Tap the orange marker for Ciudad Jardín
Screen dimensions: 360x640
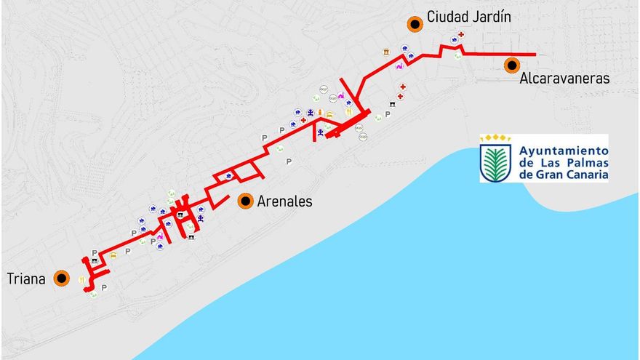[x=415, y=25]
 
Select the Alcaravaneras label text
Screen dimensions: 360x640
[x=564, y=79]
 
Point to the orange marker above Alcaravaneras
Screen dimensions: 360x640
[x=512, y=65]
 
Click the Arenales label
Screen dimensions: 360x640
[x=286, y=201]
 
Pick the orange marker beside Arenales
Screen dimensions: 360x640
[x=245, y=201]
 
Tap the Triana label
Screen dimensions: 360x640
[x=27, y=279]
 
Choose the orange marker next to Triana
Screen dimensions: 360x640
[x=62, y=278]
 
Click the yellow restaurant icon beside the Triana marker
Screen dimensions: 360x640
[x=81, y=280]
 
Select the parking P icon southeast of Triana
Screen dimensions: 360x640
[x=103, y=288]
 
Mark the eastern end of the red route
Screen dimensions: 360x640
[x=535, y=55]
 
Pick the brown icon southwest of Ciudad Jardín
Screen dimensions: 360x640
[x=385, y=51]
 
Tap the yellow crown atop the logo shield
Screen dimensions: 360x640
[x=497, y=137]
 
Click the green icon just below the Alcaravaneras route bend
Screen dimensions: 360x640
[x=457, y=55]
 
